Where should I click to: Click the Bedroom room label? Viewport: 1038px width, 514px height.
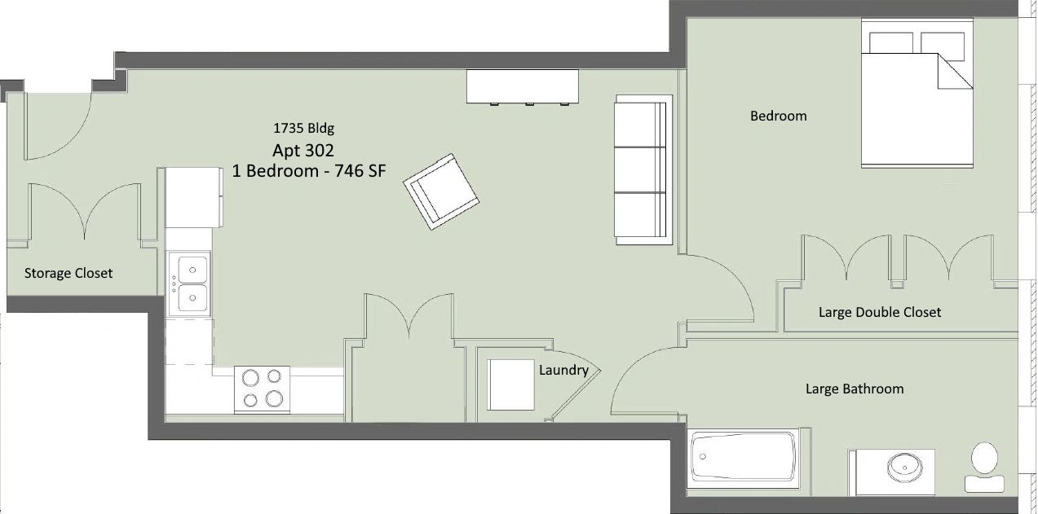[x=779, y=116]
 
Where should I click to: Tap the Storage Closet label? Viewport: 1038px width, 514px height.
[x=68, y=273]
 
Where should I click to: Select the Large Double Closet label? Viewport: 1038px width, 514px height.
[x=880, y=313]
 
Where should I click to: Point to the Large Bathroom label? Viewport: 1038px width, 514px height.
[x=855, y=389]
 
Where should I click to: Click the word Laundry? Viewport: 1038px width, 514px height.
[x=563, y=371]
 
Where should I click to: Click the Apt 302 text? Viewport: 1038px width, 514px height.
[x=303, y=151]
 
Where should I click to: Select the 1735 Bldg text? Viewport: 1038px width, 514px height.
[x=303, y=128]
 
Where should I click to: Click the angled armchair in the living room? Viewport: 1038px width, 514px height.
[x=441, y=191]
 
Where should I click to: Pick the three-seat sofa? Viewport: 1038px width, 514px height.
[x=643, y=169]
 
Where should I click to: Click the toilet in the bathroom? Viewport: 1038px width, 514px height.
[x=984, y=468]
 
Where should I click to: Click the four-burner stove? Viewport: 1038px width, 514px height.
[x=262, y=389]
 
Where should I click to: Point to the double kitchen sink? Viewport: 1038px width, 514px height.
[x=189, y=283]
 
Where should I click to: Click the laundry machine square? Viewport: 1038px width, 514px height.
[x=510, y=384]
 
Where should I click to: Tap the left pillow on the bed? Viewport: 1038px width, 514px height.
[x=891, y=43]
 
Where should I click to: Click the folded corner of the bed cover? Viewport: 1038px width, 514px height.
[x=955, y=70]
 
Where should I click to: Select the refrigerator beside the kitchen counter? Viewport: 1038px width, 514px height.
[x=194, y=198]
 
